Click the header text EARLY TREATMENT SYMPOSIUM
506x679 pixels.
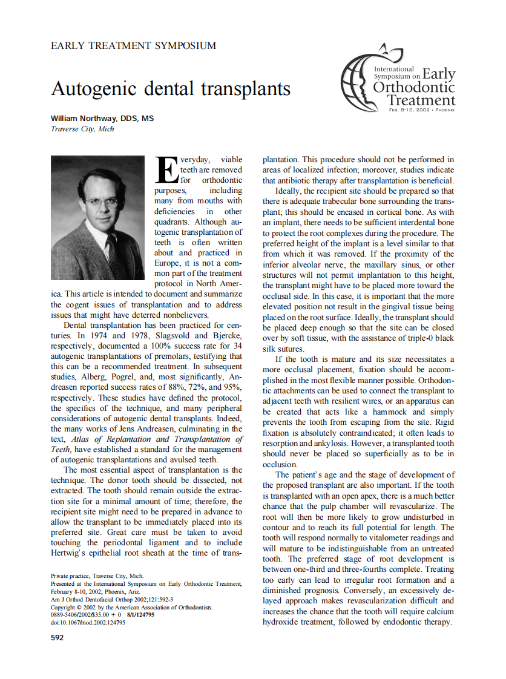pos(133,45)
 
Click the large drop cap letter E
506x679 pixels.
pos(167,169)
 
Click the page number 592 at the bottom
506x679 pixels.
pos(58,637)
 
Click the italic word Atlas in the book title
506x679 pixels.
pos(83,439)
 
